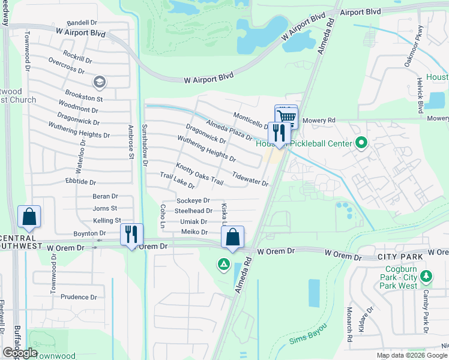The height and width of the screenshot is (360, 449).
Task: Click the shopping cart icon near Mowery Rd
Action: click(x=286, y=116)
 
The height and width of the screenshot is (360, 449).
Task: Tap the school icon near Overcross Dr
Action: click(x=99, y=82)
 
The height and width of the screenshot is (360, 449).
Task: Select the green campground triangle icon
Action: click(x=223, y=263)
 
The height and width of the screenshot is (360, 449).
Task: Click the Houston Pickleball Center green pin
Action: click(x=361, y=143)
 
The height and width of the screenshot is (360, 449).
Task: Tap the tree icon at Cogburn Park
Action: click(x=426, y=276)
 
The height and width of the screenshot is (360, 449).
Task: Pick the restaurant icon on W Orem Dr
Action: click(x=131, y=234)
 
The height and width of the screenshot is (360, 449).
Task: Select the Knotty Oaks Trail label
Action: click(x=199, y=174)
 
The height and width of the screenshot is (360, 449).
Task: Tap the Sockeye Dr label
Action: click(x=193, y=200)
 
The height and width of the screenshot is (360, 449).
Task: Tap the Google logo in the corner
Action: click(x=20, y=353)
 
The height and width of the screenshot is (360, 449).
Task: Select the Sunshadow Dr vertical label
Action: click(x=145, y=145)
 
